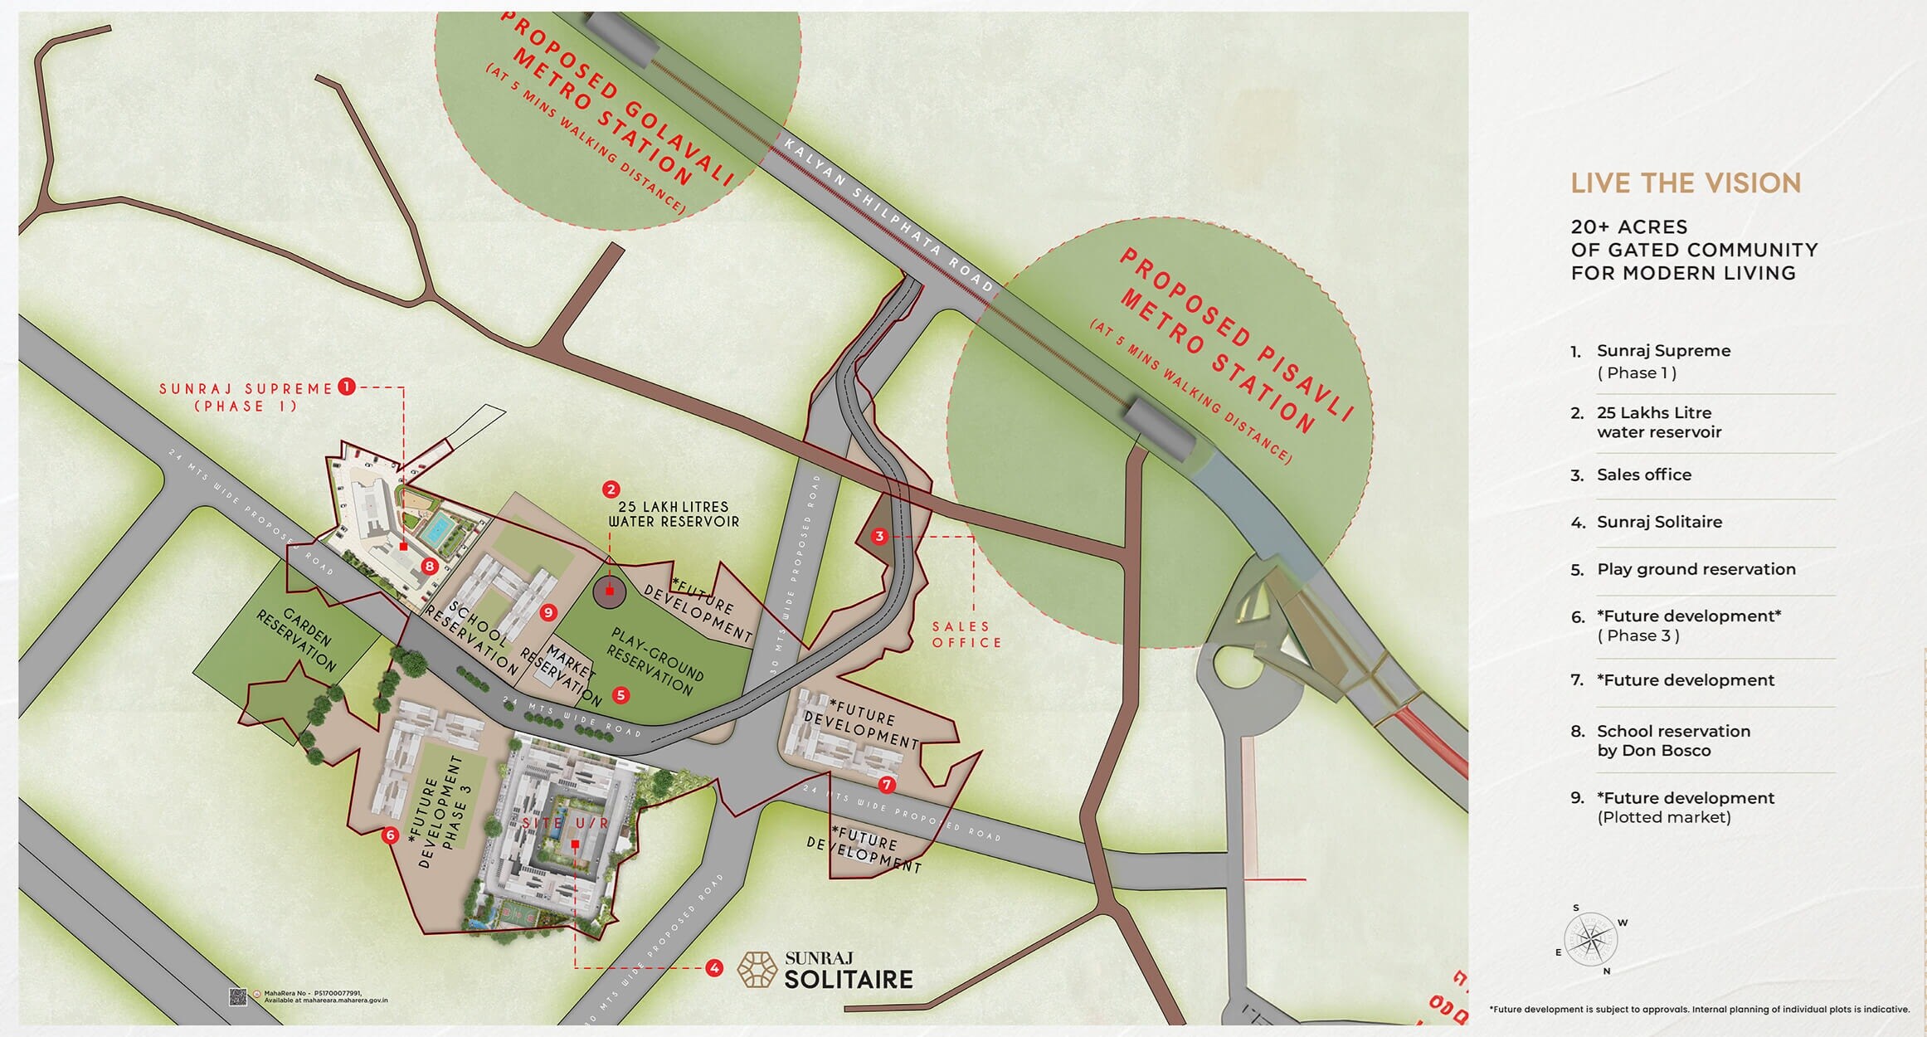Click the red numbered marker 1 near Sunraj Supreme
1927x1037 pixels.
tap(347, 387)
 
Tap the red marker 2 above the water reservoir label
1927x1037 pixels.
tap(611, 489)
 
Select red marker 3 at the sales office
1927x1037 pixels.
tap(879, 537)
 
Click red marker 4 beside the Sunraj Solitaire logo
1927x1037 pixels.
tap(713, 968)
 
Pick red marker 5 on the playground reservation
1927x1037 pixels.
tap(620, 695)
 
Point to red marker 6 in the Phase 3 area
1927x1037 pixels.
tap(391, 835)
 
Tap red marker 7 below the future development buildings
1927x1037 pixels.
tap(888, 784)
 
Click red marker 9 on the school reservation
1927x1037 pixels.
tap(547, 613)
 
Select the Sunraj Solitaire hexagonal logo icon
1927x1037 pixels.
tap(757, 970)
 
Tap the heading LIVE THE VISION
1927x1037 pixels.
tap(1686, 183)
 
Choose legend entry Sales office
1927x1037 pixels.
tap(1643, 475)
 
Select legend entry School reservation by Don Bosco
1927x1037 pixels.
tap(1673, 741)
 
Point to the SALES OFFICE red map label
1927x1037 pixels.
tap(966, 635)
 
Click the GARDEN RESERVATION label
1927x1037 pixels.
tap(297, 640)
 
